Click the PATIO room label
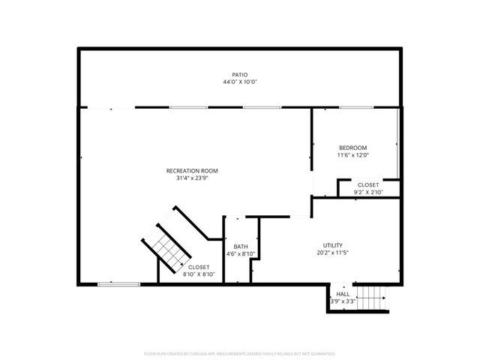tap(239, 74)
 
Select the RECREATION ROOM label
tap(197, 171)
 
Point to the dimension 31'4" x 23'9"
tap(197, 178)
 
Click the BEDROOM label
tap(352, 147)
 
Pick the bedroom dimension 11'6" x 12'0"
tap(352, 154)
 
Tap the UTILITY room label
tap(332, 245)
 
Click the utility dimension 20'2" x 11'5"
tap(332, 253)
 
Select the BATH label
tap(241, 247)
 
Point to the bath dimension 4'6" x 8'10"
tap(241, 254)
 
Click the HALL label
tap(342, 295)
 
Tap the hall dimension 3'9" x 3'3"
tap(342, 301)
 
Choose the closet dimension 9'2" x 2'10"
tap(368, 192)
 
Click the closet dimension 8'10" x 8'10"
tap(199, 274)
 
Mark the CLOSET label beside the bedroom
tap(368, 184)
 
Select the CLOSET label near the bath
tap(199, 267)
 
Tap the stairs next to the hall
tap(372, 299)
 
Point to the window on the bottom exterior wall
tap(119, 283)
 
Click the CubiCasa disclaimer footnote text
tap(239, 352)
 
